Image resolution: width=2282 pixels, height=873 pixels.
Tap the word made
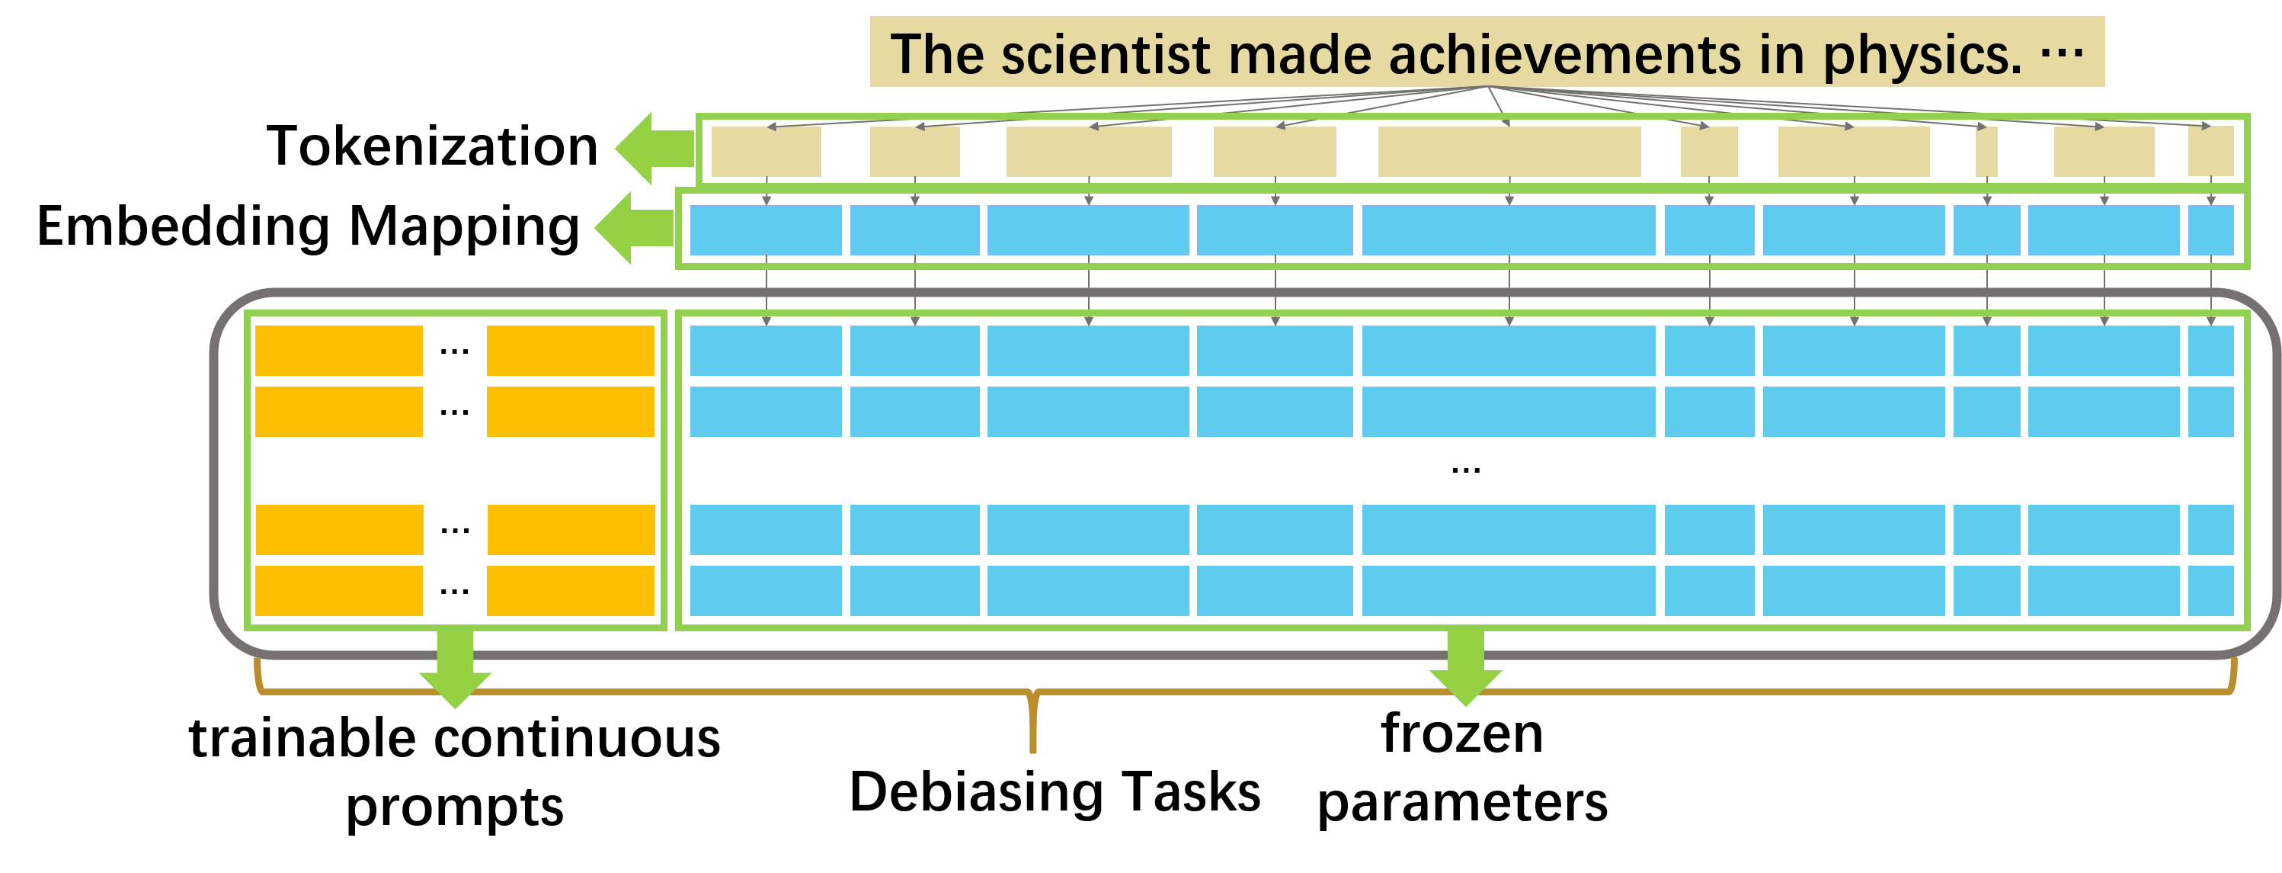[1298, 55]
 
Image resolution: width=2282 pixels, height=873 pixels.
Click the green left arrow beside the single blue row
[632, 228]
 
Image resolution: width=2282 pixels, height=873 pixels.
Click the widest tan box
[1509, 152]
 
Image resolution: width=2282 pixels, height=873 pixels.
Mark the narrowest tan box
[1986, 152]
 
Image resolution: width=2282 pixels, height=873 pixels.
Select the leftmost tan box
[766, 152]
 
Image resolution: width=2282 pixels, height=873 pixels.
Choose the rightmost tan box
[2210, 152]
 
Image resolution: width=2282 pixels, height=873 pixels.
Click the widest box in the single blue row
[1508, 230]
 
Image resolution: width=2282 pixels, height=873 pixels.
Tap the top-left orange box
[338, 350]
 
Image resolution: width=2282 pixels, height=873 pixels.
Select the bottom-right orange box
[571, 590]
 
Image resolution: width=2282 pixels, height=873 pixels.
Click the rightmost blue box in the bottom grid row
[2210, 590]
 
